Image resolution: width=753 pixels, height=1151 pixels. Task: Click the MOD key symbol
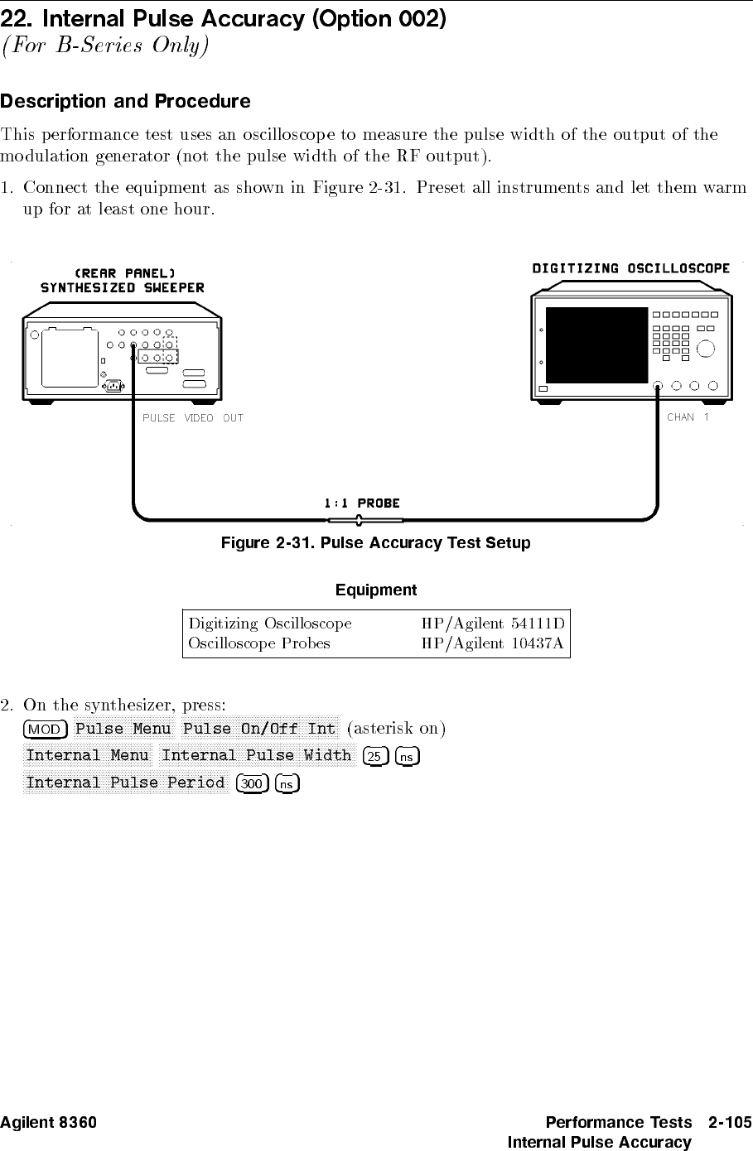click(x=46, y=730)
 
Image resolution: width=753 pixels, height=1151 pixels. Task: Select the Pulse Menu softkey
click(x=123, y=729)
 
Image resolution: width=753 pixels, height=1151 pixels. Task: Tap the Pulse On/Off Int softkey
click(x=259, y=729)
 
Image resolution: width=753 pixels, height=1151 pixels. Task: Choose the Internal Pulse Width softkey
click(x=257, y=755)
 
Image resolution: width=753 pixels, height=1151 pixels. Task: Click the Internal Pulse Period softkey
click(x=125, y=783)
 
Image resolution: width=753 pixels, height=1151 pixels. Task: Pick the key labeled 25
click(x=375, y=756)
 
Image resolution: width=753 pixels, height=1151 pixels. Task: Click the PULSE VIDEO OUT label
click(x=193, y=418)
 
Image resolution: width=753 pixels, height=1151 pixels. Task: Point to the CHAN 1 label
click(x=688, y=417)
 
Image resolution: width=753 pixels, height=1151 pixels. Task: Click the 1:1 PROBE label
click(x=361, y=503)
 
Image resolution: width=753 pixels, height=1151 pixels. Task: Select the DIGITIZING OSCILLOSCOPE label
click(x=630, y=268)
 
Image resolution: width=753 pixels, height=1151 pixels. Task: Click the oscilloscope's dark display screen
click(x=595, y=344)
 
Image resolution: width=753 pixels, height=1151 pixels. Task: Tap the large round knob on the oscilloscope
click(x=705, y=349)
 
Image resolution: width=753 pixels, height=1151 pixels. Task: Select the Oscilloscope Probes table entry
click(x=259, y=643)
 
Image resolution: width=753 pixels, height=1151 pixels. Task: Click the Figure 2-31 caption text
click(x=374, y=544)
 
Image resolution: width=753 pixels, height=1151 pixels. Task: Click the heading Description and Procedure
click(x=125, y=102)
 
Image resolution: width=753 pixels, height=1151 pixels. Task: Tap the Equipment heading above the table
click(x=375, y=590)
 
